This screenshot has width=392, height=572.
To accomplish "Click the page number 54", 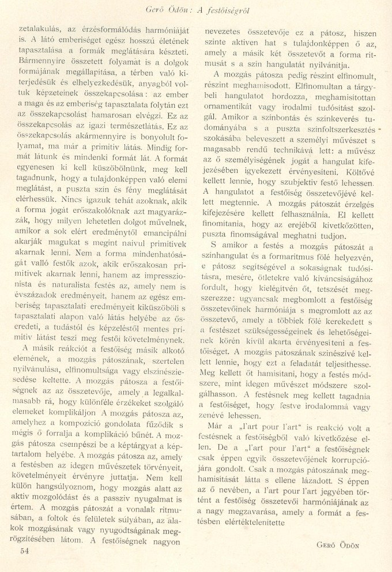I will point(24,550).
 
